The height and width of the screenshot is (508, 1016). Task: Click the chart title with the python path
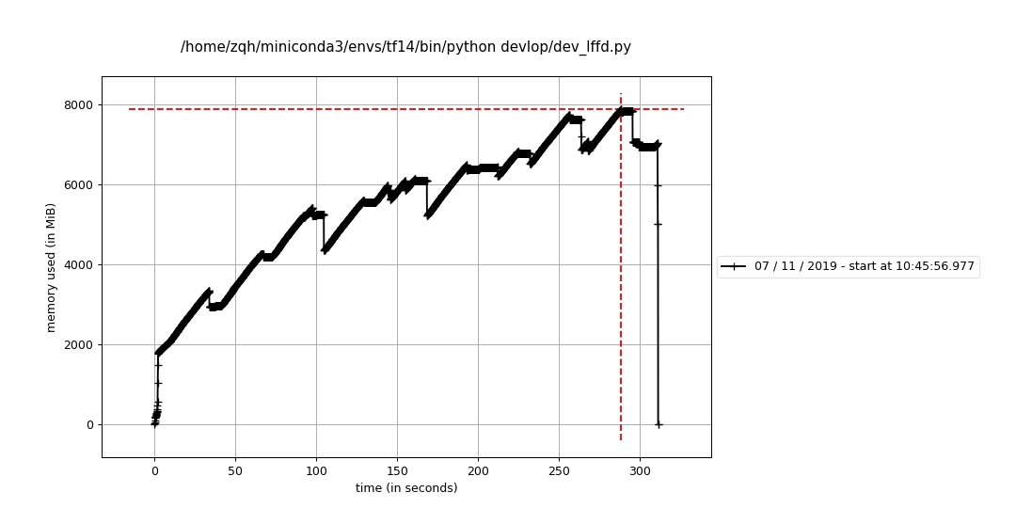point(405,47)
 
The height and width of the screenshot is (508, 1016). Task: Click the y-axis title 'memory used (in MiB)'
point(52,267)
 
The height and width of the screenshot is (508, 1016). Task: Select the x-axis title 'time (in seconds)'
point(406,488)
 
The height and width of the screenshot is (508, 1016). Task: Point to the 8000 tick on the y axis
point(80,104)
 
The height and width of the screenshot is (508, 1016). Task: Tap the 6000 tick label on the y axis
point(80,184)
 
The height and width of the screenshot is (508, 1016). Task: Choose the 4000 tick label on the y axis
point(80,264)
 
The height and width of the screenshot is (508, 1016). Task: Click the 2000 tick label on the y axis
point(80,344)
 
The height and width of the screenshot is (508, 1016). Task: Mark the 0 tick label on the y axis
point(89,424)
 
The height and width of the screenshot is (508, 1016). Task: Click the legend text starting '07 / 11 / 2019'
point(864,267)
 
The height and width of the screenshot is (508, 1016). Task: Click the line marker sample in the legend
point(734,267)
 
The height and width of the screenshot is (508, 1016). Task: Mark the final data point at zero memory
point(659,424)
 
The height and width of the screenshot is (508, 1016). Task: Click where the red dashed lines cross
point(621,109)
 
